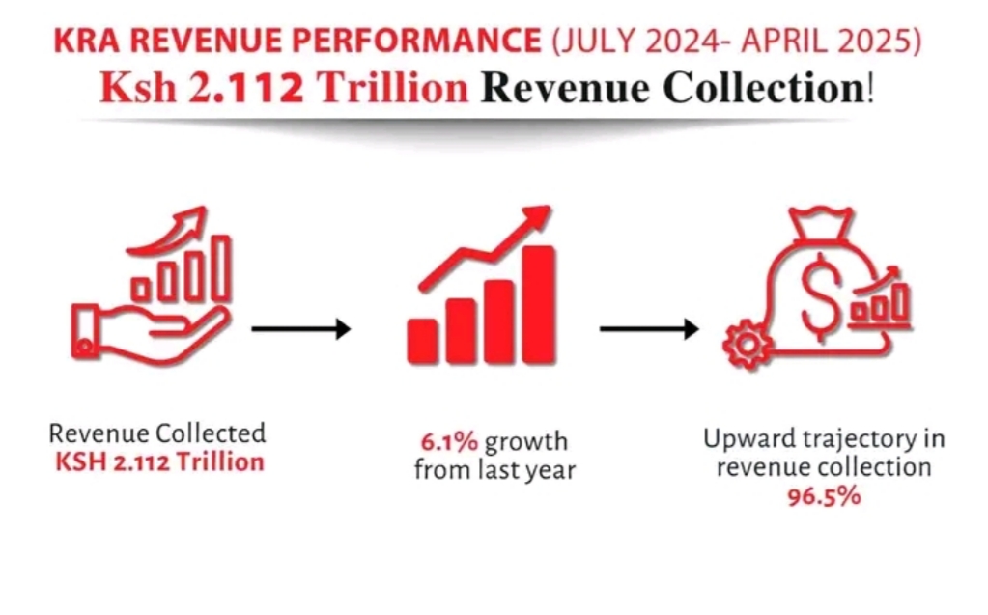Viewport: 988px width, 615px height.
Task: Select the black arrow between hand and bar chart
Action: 300,329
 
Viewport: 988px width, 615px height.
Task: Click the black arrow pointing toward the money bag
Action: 648,329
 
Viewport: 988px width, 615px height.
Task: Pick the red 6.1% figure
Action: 447,443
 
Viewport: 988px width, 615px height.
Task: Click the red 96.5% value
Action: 824,497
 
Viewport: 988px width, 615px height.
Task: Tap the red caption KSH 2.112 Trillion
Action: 159,461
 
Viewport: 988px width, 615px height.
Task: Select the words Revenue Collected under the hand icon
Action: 157,433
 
